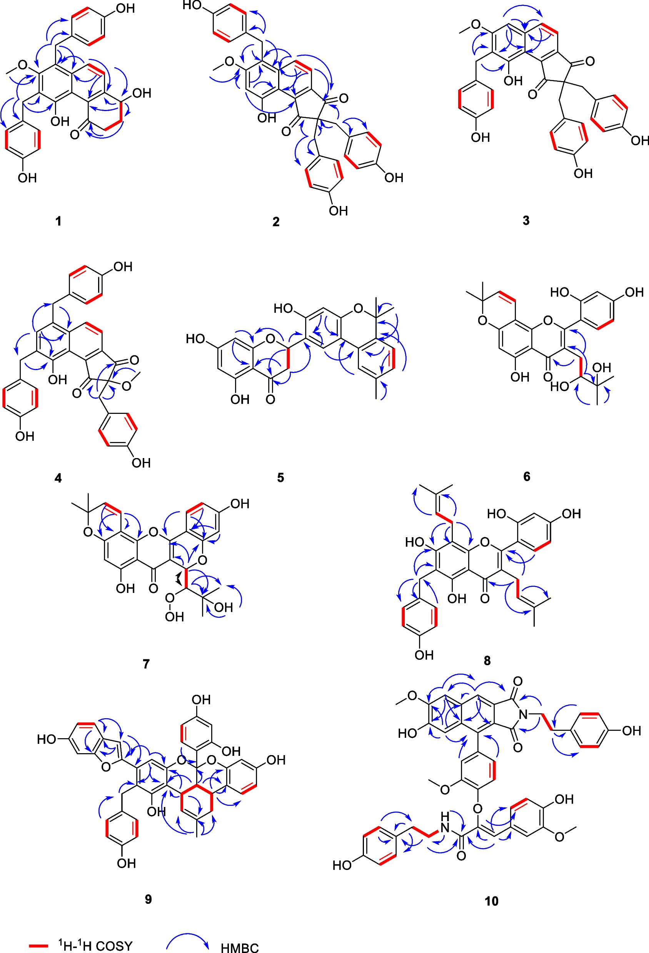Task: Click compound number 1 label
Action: pos(58,221)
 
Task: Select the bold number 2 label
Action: pos(276,221)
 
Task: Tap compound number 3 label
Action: pos(526,220)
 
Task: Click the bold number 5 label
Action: pos(280,477)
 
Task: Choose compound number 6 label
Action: pos(527,476)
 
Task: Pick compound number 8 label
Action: pos(487,661)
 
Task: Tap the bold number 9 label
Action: pos(148,899)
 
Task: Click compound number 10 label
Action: pos(491,901)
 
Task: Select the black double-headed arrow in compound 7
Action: pos(178,579)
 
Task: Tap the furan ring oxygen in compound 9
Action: pos(106,765)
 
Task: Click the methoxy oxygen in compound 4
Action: pos(127,385)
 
